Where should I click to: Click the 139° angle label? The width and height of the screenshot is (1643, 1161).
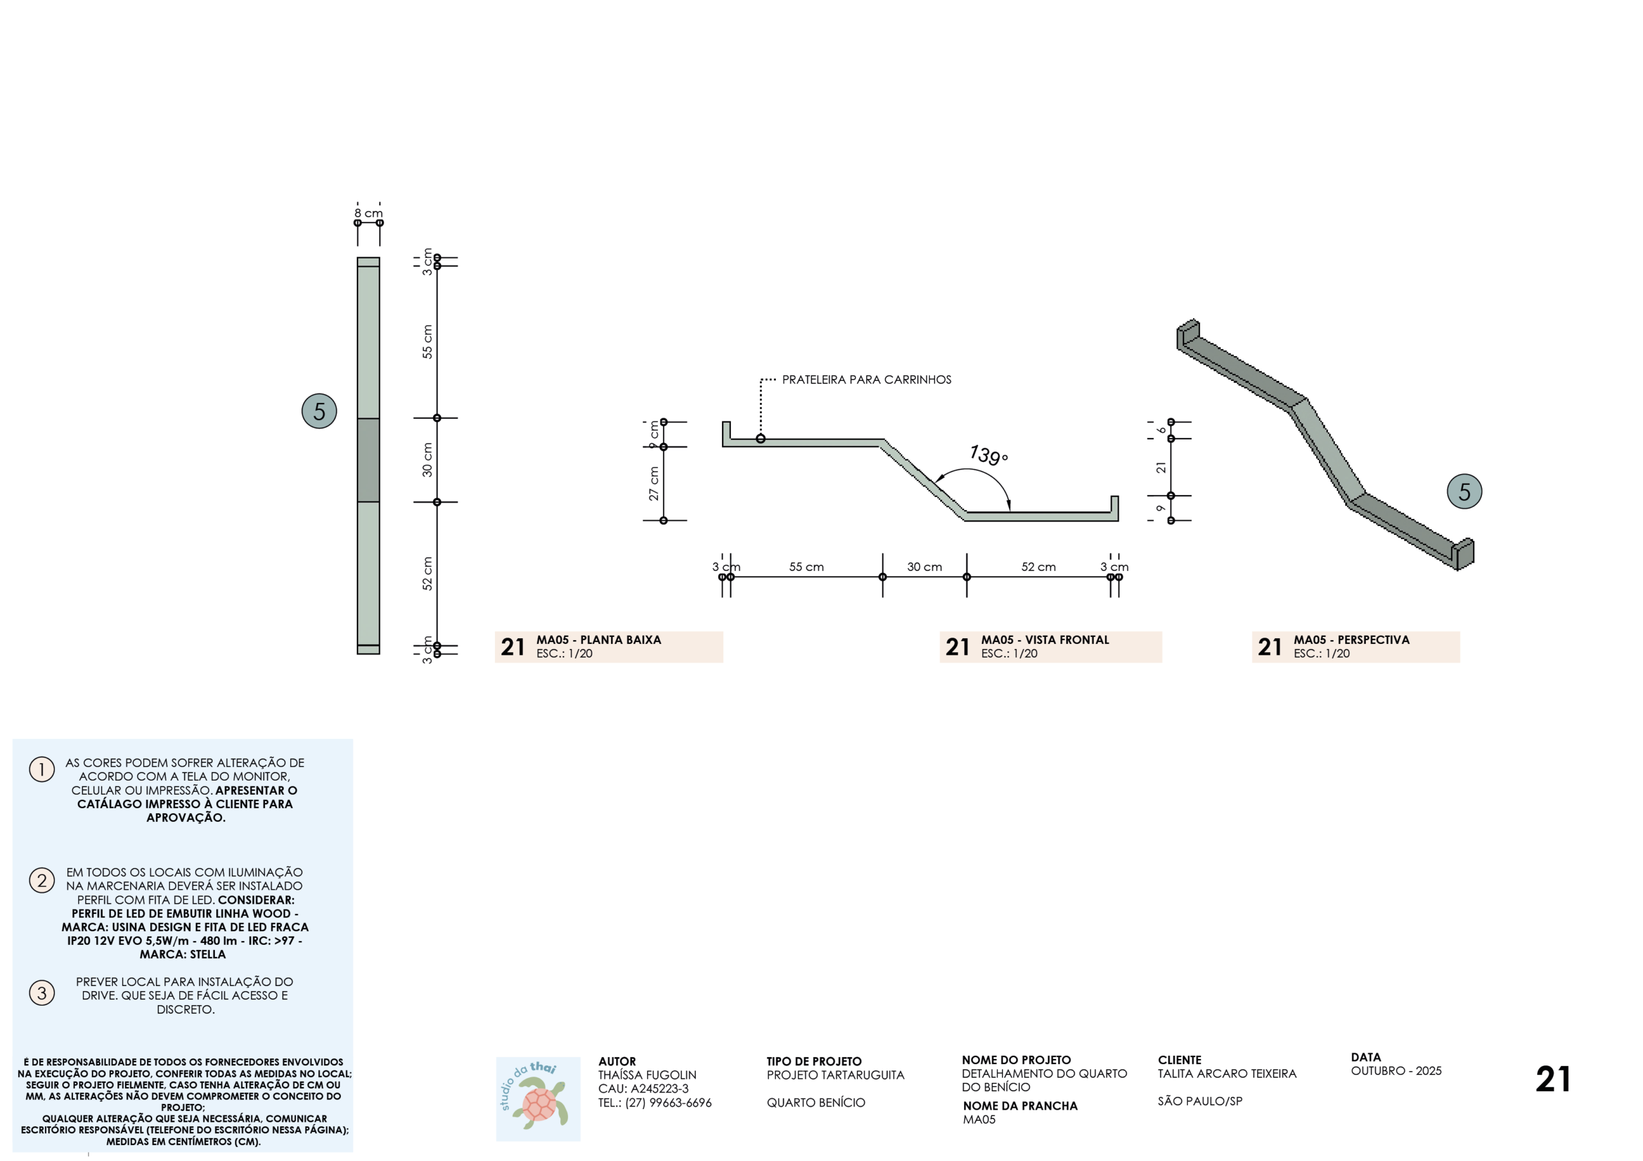(989, 455)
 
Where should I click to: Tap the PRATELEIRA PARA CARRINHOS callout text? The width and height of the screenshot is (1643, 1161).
(866, 380)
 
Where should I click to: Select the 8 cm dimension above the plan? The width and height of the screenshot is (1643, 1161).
(368, 213)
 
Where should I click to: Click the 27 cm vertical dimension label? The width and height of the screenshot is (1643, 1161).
(654, 484)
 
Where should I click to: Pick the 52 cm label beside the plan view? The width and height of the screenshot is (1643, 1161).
(427, 573)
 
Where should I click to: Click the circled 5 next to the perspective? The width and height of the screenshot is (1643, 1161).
(1464, 491)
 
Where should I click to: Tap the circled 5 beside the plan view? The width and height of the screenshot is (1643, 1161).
(319, 411)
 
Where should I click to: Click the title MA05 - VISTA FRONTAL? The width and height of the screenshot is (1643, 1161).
(1045, 640)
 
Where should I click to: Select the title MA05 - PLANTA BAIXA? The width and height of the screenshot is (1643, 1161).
(599, 640)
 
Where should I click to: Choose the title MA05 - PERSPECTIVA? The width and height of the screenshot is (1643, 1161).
(1352, 640)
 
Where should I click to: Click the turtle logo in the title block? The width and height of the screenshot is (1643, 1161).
(538, 1099)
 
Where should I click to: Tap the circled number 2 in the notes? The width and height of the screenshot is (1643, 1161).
(42, 880)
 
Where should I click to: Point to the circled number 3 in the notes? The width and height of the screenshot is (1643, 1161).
(42, 993)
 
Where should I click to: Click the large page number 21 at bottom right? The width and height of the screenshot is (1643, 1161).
(1553, 1079)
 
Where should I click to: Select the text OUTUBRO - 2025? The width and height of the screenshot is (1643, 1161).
(1396, 1071)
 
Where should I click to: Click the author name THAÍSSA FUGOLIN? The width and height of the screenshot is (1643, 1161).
(648, 1075)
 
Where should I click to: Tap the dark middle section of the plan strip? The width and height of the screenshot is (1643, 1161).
(368, 460)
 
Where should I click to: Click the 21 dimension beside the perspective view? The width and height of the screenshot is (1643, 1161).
(1161, 467)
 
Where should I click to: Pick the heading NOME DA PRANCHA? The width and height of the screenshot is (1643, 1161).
(1020, 1106)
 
